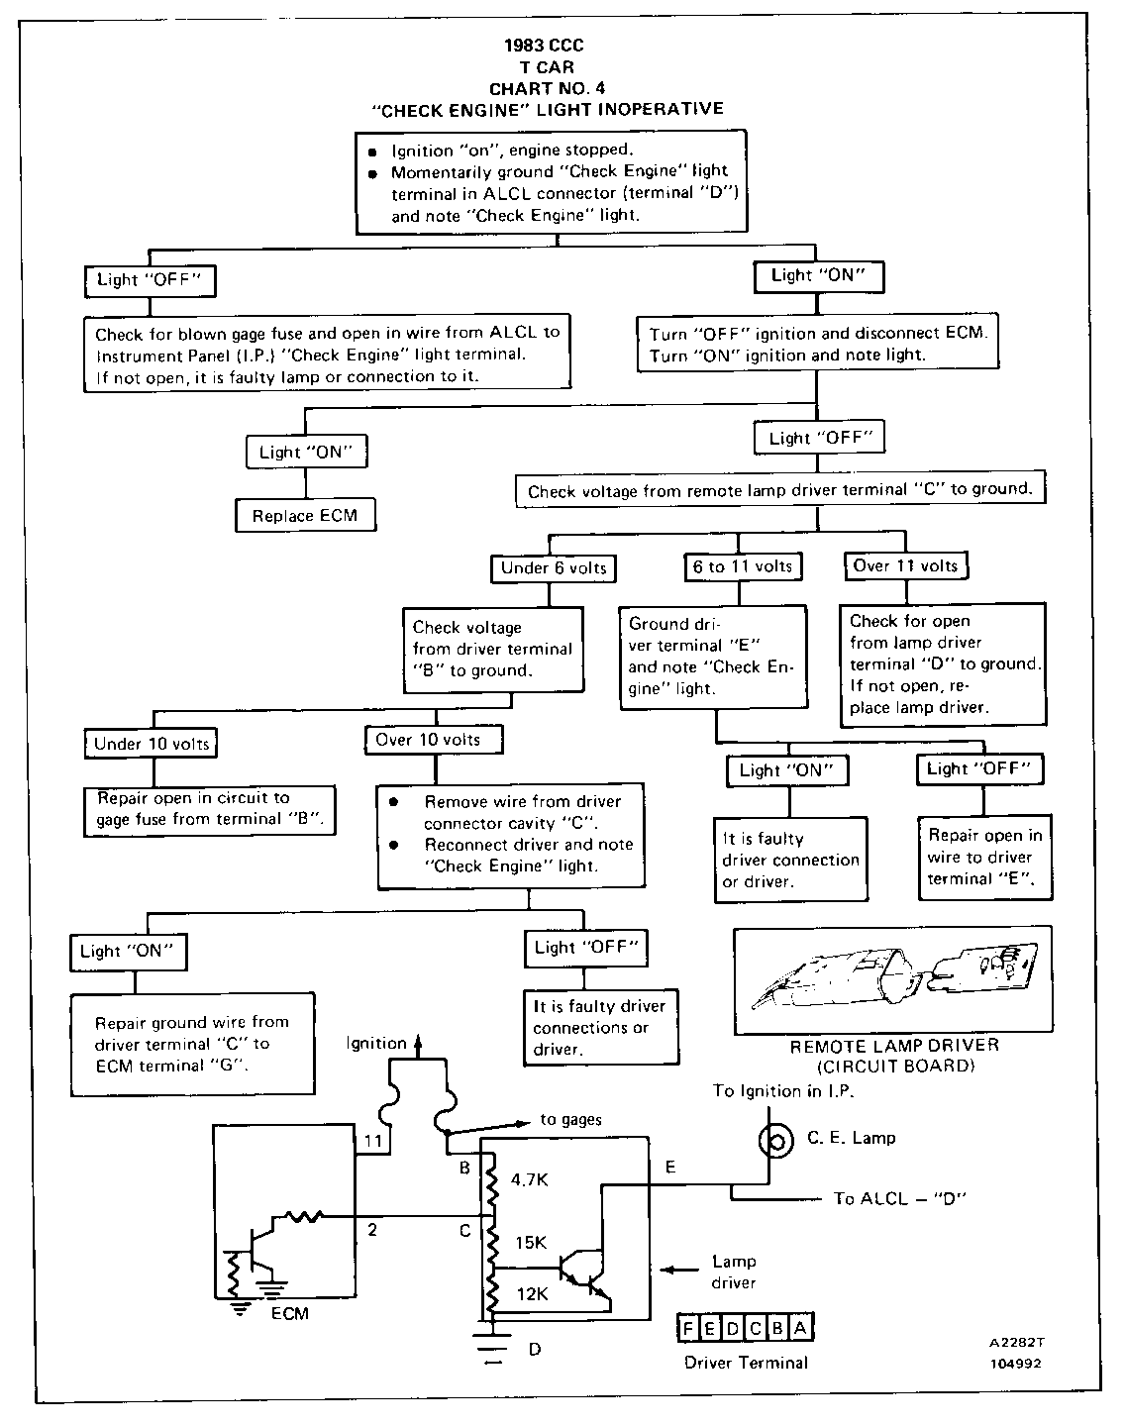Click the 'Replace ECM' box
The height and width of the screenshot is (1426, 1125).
tap(305, 515)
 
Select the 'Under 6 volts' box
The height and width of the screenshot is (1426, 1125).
tap(553, 567)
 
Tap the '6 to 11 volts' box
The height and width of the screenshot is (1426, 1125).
tap(743, 566)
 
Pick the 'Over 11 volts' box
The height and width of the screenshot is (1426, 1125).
tap(905, 565)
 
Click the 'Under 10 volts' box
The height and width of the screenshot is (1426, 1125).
tap(152, 743)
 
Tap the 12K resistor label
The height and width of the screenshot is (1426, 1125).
tap(531, 1293)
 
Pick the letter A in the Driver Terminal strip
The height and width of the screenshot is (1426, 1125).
tap(800, 1330)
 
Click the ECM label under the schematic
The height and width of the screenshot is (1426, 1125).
tap(289, 1313)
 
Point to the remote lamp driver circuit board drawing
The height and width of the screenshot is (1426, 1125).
tap(891, 978)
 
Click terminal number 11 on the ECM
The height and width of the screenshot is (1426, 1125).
tap(372, 1142)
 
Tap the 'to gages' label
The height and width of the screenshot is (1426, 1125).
tap(571, 1120)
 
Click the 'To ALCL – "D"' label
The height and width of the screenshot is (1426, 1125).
tap(899, 1198)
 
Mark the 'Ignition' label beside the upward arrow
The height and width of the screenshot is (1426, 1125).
tap(376, 1043)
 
